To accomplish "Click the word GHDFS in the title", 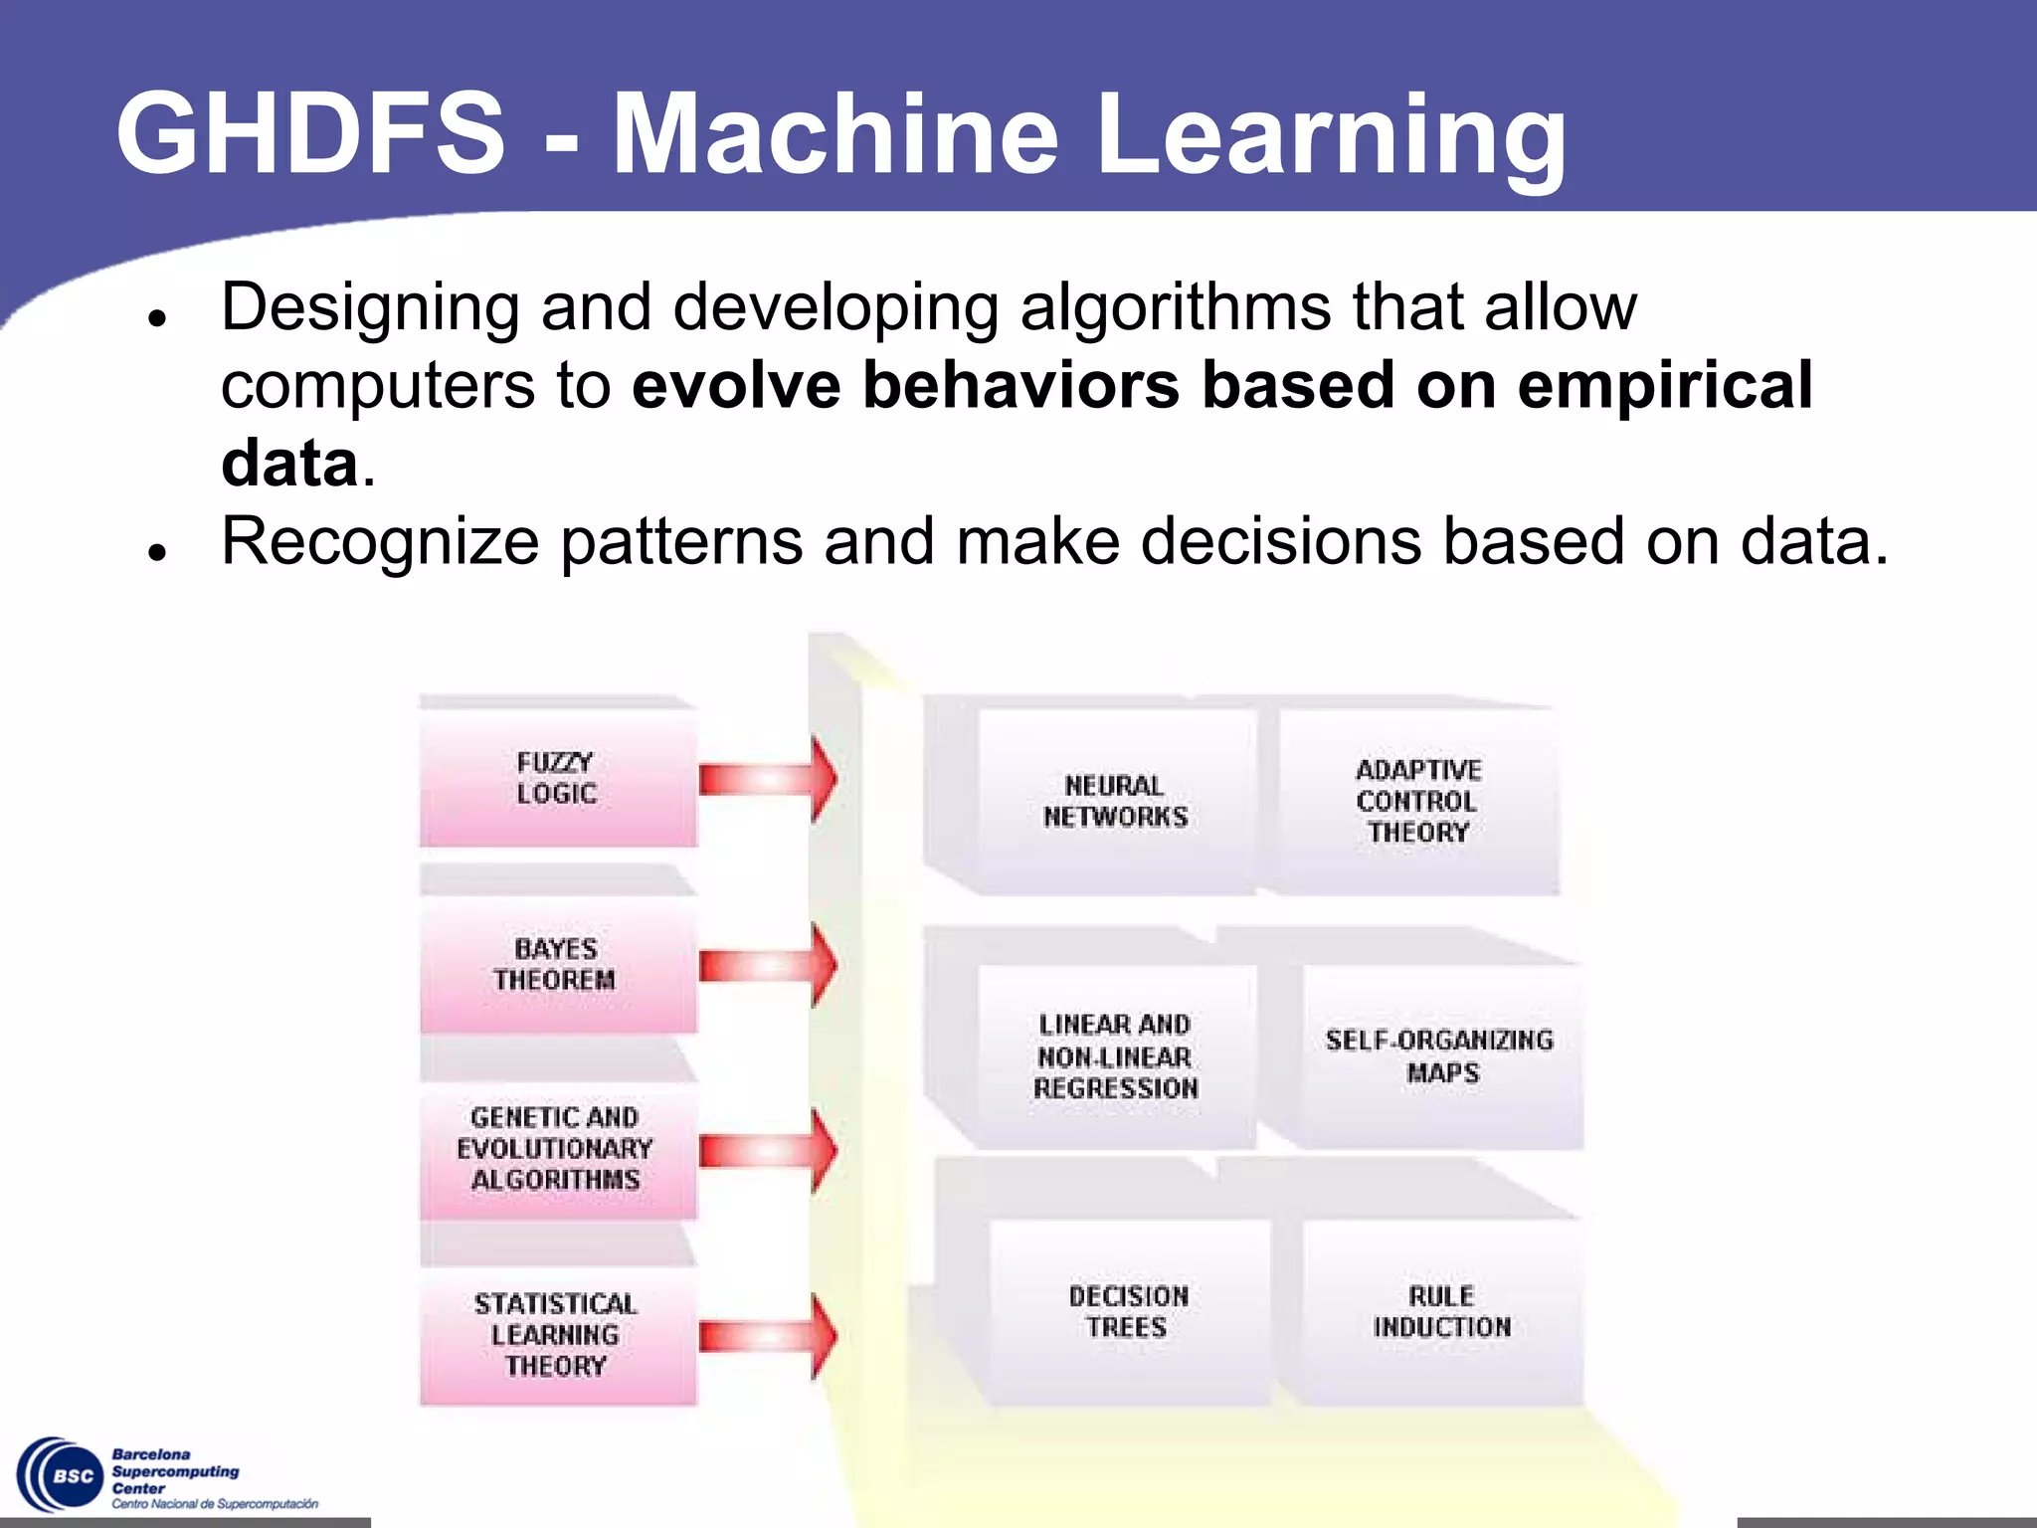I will pyautogui.click(x=310, y=132).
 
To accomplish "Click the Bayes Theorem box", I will pyautogui.click(x=558, y=964).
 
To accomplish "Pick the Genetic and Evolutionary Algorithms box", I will pyautogui.click(x=558, y=1149).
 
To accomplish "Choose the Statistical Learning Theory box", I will pyautogui.click(x=558, y=1334).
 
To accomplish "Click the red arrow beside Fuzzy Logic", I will pyautogui.click(x=768, y=779).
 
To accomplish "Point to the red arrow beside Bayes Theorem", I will pyautogui.click(x=768, y=965).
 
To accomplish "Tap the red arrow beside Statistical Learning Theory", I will pyautogui.click(x=768, y=1336).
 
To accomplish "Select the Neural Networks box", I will pyautogui.click(x=1115, y=801).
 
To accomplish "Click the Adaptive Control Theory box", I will pyautogui.click(x=1417, y=801).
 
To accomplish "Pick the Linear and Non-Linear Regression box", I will pyautogui.click(x=1115, y=1056).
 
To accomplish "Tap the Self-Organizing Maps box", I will pyautogui.click(x=1440, y=1056).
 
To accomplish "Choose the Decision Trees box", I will pyautogui.click(x=1128, y=1311).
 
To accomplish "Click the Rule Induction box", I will pyautogui.click(x=1441, y=1311).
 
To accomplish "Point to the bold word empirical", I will pyautogui.click(x=1664, y=385).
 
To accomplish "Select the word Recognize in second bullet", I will pyautogui.click(x=380, y=542).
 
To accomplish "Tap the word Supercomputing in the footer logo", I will pyautogui.click(x=176, y=1471).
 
